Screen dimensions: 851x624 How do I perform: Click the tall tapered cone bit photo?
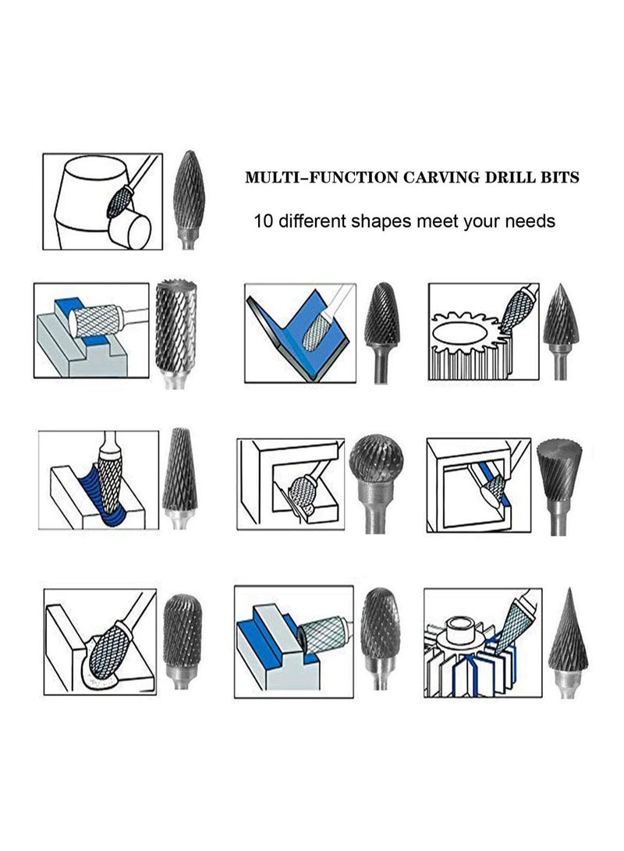click(179, 468)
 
